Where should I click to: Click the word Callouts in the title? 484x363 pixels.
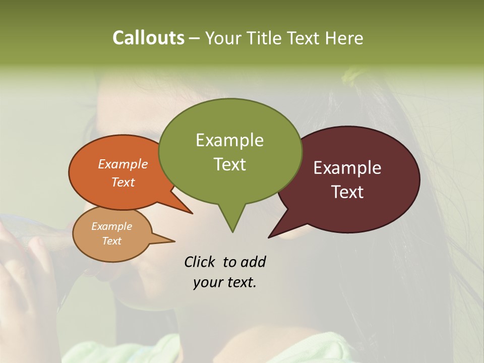[148, 38]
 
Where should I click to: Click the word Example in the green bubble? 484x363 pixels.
[229, 140]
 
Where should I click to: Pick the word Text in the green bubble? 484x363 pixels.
[229, 164]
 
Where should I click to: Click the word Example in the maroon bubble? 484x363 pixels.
[347, 168]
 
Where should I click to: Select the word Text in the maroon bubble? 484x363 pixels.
[347, 192]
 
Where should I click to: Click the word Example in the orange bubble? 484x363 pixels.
[123, 164]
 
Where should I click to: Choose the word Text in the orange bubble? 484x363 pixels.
[123, 182]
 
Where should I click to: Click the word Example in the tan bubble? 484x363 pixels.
[111, 226]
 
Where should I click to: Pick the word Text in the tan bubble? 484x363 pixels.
[111, 241]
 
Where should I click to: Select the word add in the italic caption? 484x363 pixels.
[253, 262]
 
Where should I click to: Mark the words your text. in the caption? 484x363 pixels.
[225, 282]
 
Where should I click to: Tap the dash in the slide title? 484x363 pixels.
[195, 38]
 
